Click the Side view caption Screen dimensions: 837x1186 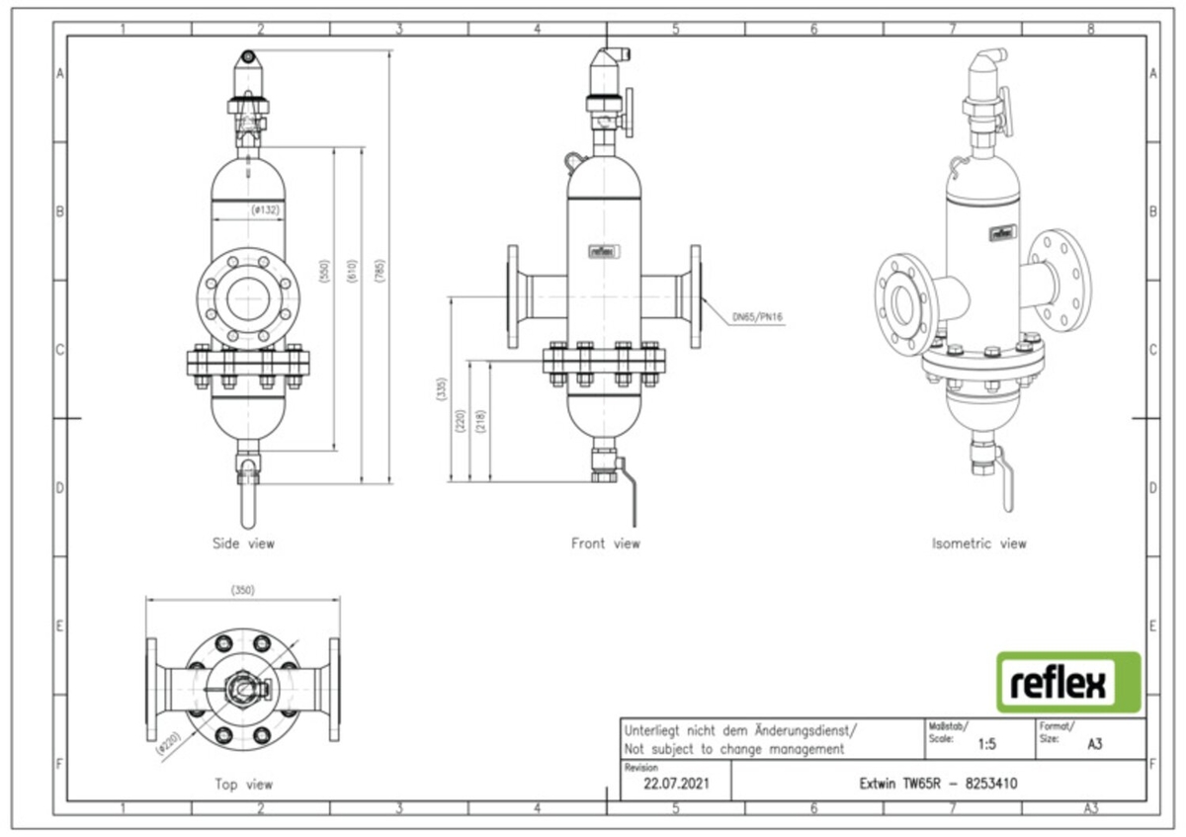(x=243, y=544)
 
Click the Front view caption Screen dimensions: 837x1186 (x=605, y=544)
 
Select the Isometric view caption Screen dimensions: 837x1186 (x=978, y=544)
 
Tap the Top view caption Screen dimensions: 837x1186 (x=243, y=785)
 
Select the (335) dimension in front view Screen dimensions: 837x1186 (x=442, y=390)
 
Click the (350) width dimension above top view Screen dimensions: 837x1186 (x=242, y=590)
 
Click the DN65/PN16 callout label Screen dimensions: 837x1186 (x=757, y=318)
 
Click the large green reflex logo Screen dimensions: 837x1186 (x=1067, y=682)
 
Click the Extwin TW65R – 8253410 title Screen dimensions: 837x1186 (x=939, y=785)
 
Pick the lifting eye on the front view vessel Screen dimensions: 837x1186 (x=574, y=156)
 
